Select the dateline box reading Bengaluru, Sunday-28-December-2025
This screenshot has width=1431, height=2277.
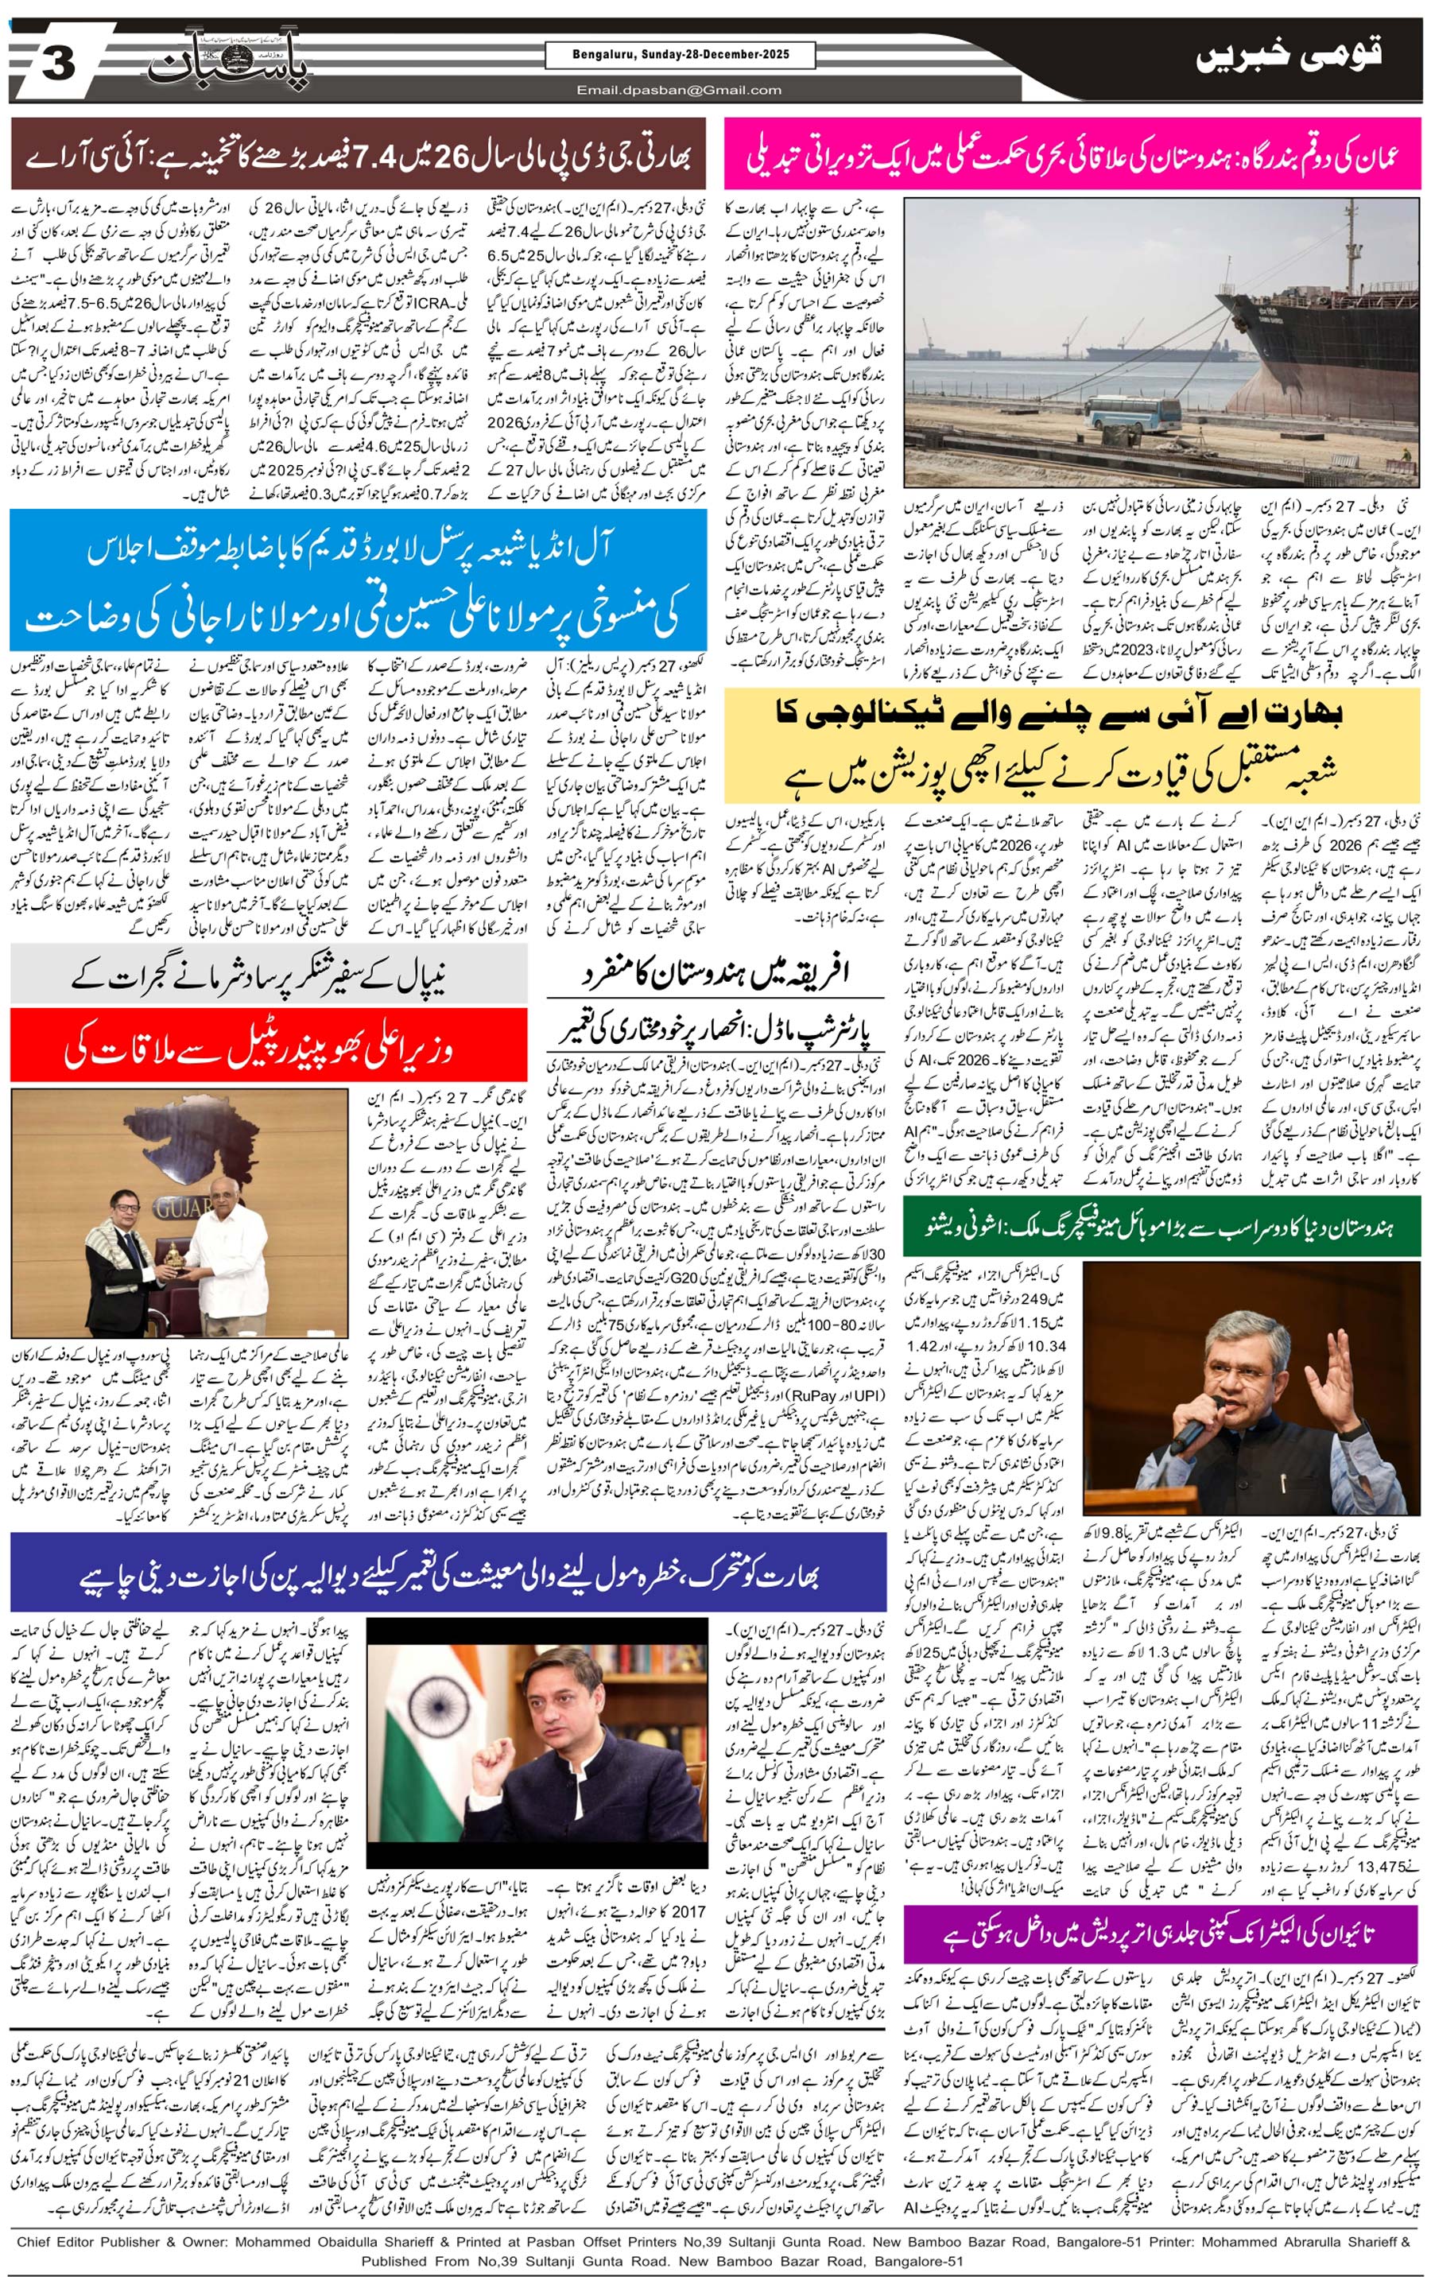[679, 55]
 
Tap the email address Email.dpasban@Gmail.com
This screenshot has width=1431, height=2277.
[679, 91]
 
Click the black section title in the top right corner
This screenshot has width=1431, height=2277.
[1288, 56]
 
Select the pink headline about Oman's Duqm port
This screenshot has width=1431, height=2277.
[1072, 154]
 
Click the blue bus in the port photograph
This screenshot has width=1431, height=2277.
[1131, 414]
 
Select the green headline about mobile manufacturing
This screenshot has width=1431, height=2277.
[1161, 1225]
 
